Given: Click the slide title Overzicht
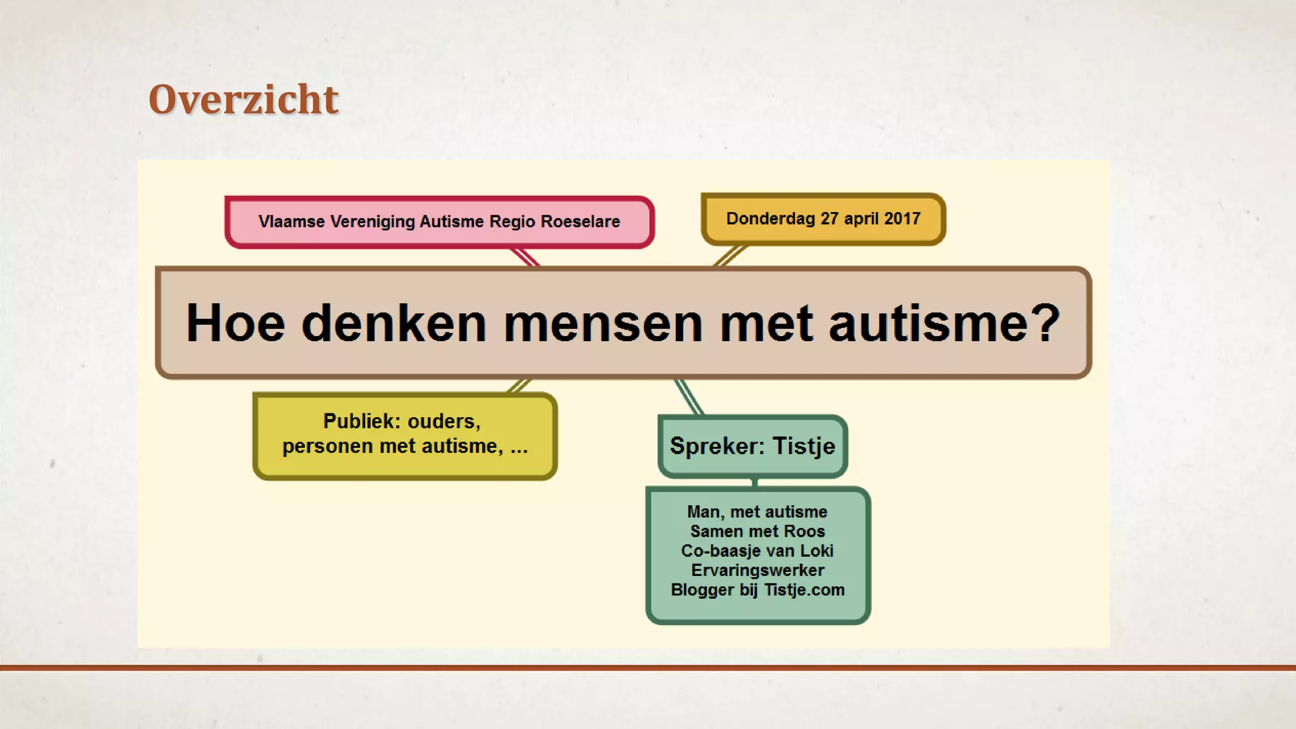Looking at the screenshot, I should [244, 99].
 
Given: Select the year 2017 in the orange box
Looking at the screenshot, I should [902, 218].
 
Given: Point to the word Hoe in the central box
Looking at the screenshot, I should [235, 323].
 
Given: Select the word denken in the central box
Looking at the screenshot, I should [394, 323].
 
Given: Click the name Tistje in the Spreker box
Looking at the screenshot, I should [804, 446].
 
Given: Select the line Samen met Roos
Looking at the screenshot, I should [757, 532].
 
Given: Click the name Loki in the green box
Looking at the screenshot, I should [816, 551].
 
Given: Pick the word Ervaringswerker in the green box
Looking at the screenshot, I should [757, 570].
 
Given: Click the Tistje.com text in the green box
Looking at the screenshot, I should [804, 590].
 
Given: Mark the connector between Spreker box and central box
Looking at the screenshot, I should [689, 397].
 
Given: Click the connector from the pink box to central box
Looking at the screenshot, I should [525, 257].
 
